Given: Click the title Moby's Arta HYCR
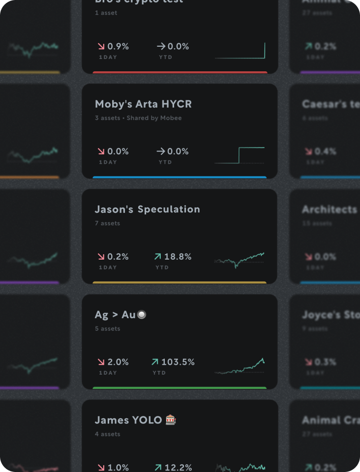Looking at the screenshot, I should tap(143, 104).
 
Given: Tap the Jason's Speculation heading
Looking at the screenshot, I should tap(147, 209).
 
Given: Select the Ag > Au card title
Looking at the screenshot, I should tap(115, 315).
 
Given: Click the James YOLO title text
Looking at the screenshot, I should tap(128, 420).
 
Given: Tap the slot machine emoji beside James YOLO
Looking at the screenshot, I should tap(171, 420).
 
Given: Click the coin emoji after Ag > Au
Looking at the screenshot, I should tap(142, 315).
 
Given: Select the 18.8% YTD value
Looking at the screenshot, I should tap(178, 257).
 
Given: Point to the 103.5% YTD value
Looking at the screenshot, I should tap(178, 362).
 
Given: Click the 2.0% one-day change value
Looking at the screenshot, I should tap(118, 362).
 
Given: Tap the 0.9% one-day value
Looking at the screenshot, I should tap(118, 46).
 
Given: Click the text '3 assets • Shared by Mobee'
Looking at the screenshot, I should tap(138, 118).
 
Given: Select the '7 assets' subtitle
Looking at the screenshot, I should tap(107, 223).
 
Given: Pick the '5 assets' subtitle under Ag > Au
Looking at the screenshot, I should tap(107, 328).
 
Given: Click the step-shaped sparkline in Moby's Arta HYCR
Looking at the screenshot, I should tap(240, 155).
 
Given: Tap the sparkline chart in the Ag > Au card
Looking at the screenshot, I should tap(240, 366).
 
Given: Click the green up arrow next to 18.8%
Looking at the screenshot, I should tap(157, 257).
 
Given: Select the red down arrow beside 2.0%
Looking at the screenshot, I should tap(101, 362).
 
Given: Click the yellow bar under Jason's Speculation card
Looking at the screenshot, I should tap(180, 283).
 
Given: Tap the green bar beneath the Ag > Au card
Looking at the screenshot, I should tap(180, 388).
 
